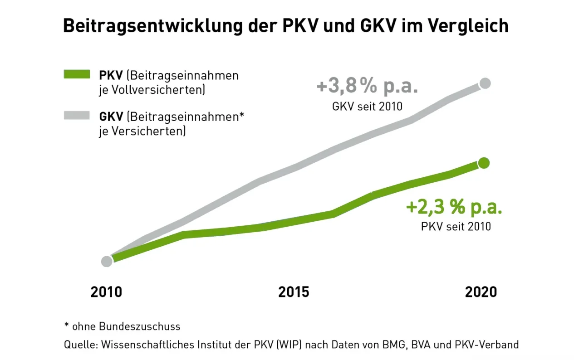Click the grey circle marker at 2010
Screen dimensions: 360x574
tap(107, 261)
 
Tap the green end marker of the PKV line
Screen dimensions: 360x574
tap(484, 163)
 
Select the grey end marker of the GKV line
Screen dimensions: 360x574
tap(485, 83)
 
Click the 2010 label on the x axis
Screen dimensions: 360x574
tap(106, 292)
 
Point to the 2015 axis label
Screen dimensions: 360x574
tap(294, 292)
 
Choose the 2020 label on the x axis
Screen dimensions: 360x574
tap(481, 292)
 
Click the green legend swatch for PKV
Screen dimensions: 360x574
tap(77, 74)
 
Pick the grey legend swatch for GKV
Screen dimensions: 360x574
tap(77, 116)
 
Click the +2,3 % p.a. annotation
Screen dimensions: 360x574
tap(454, 207)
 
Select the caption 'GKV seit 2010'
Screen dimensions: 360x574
tap(368, 107)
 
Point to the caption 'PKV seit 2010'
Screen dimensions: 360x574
tap(456, 226)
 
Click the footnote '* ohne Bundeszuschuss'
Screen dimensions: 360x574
tap(122, 326)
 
